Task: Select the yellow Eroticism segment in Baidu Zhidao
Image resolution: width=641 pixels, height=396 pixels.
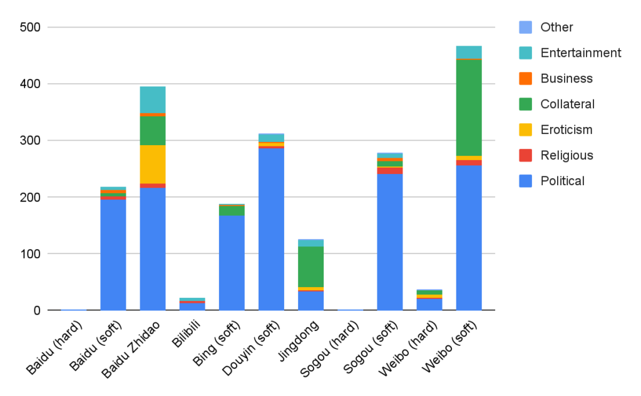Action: click(x=153, y=164)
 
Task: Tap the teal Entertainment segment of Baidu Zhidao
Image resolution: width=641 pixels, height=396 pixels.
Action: click(x=153, y=99)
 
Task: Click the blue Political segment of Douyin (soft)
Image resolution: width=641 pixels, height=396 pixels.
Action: click(x=271, y=245)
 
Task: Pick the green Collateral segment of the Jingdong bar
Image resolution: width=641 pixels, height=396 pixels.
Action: click(x=310, y=267)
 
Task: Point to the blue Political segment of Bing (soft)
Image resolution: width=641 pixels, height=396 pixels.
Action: click(x=232, y=263)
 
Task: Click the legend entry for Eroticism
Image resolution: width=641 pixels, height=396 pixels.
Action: click(x=566, y=129)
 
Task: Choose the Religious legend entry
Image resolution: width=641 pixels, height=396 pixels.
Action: click(x=566, y=155)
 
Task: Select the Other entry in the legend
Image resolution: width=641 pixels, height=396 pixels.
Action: click(x=556, y=27)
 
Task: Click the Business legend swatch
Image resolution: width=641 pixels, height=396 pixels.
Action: click(x=526, y=78)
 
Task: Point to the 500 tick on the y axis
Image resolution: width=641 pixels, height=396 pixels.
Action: click(x=29, y=28)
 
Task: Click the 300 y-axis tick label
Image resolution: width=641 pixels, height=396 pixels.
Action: click(x=29, y=141)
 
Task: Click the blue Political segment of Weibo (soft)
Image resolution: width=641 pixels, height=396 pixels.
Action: click(x=469, y=238)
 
